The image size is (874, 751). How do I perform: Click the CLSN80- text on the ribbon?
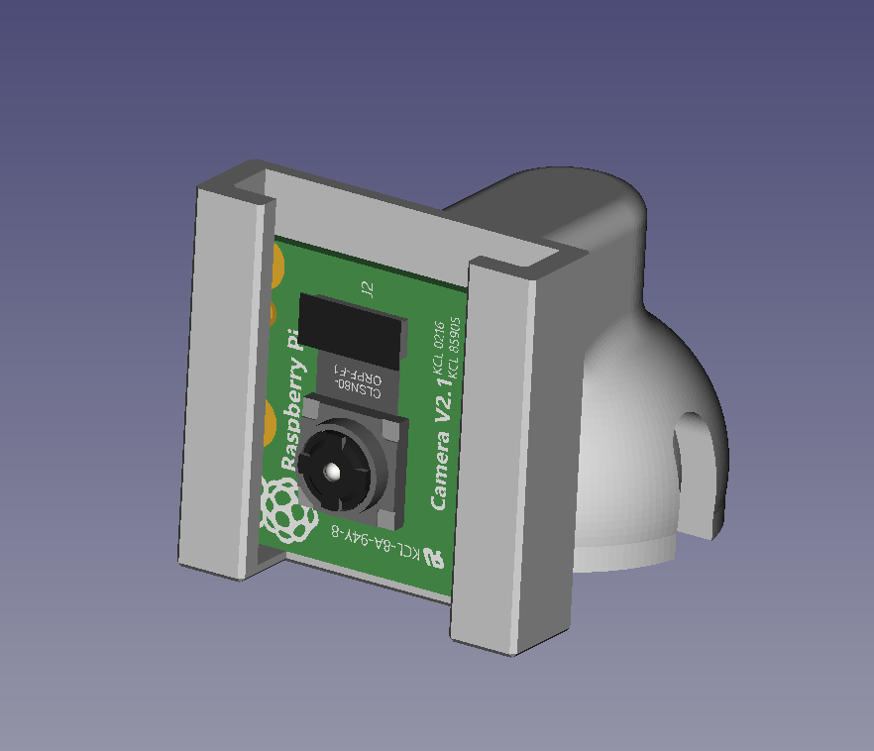355,385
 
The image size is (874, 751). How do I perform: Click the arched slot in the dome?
698,476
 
